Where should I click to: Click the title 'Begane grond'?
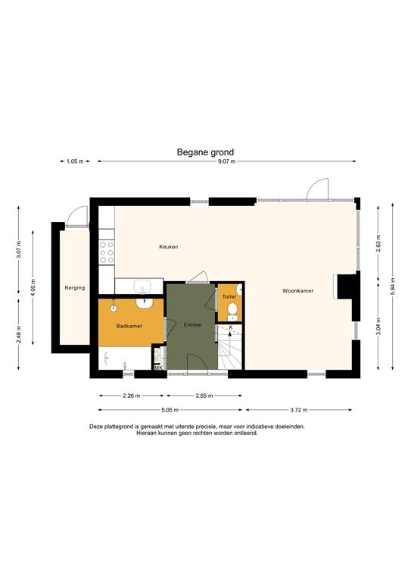(x=206, y=152)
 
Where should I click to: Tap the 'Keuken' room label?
(x=168, y=248)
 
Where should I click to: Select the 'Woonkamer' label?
(x=297, y=290)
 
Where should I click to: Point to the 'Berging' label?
(x=75, y=288)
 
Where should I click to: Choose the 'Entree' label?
(x=192, y=325)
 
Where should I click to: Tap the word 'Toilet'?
(x=229, y=297)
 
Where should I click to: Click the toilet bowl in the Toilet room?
(x=232, y=311)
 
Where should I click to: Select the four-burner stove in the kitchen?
(x=106, y=252)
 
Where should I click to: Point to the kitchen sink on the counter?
(x=142, y=286)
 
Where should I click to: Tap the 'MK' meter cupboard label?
(x=158, y=368)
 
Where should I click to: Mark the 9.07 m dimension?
(x=227, y=161)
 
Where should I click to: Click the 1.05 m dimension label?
(x=74, y=161)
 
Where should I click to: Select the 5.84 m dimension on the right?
(x=393, y=289)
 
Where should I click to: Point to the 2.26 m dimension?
(x=131, y=396)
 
